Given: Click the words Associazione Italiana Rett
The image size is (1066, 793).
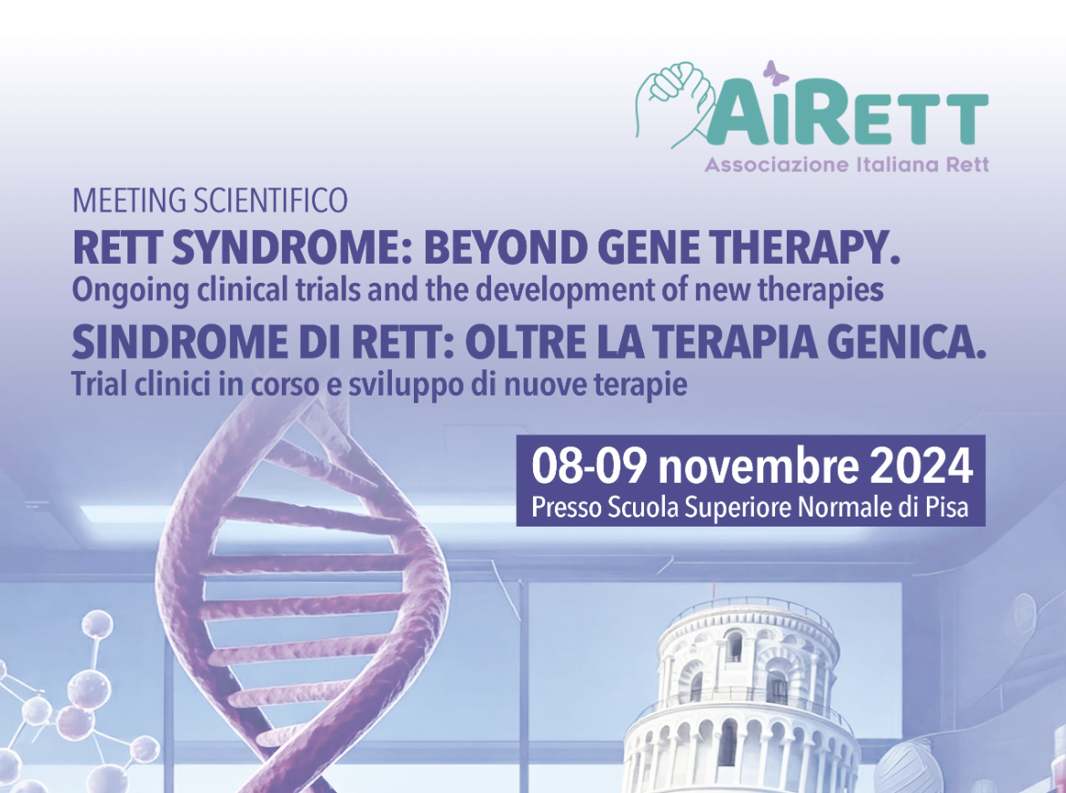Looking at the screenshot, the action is coord(847,166).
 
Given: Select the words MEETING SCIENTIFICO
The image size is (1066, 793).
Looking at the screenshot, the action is coord(210,200).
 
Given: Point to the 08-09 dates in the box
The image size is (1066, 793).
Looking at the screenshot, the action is coord(589,467).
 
